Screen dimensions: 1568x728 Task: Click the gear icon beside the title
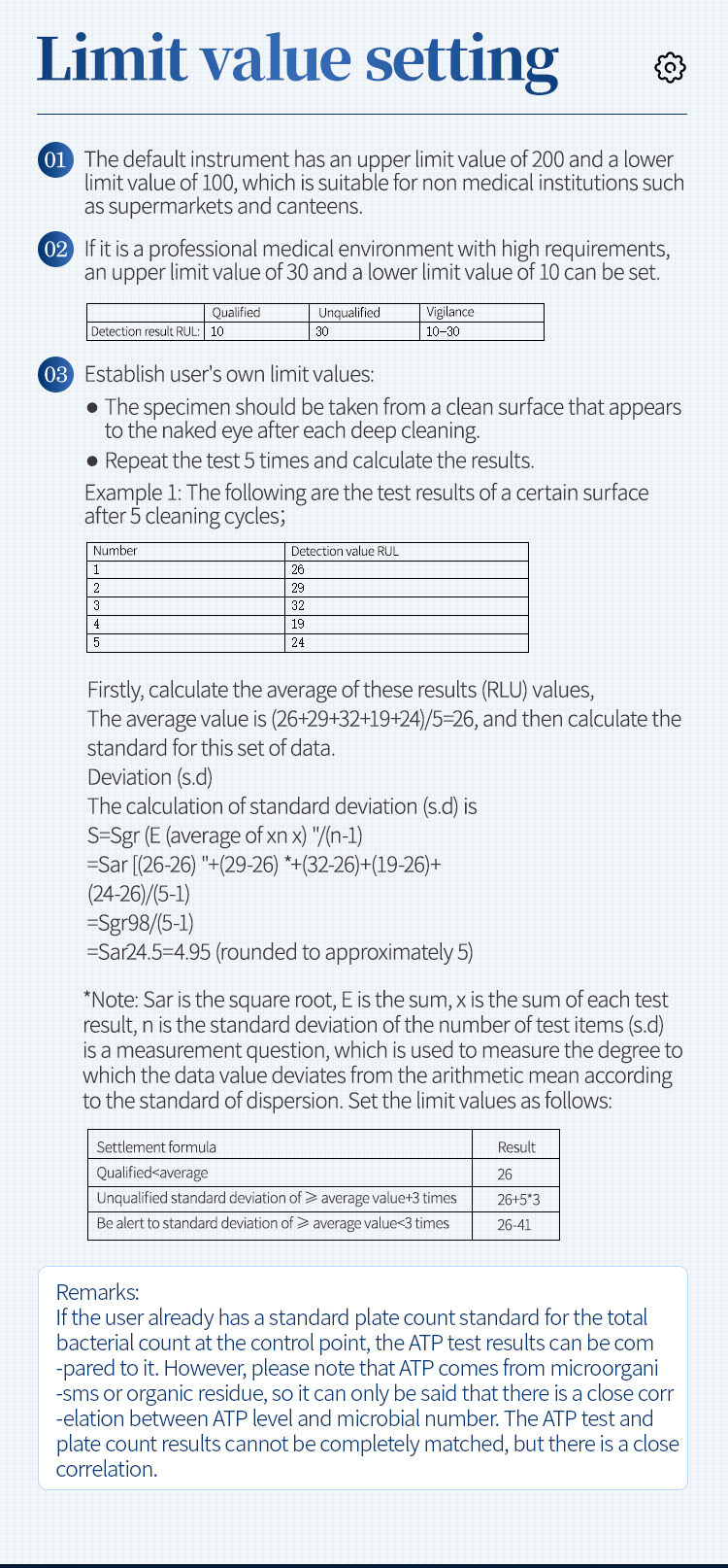670,67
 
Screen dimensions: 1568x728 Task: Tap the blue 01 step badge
55,159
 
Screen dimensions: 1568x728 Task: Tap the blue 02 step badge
55,249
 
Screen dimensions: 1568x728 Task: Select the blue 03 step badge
55,374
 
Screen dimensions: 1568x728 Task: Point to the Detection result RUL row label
145,331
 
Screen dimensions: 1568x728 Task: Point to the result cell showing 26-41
514,1224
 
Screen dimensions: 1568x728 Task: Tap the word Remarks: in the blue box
98,1292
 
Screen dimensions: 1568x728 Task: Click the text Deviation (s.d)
149,777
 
